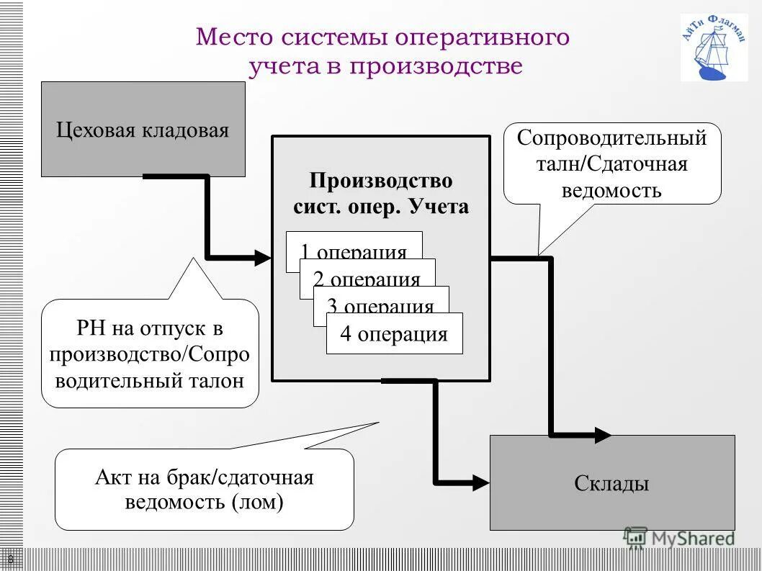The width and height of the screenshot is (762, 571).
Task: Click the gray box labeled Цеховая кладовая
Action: click(143, 130)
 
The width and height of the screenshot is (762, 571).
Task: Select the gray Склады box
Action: click(612, 483)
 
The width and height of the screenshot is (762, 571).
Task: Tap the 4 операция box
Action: click(394, 334)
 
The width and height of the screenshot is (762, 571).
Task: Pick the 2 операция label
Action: click(367, 279)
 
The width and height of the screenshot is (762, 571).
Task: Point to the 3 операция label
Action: click(380, 307)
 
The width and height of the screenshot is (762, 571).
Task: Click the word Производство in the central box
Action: click(381, 180)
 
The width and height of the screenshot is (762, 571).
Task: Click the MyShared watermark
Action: click(681, 538)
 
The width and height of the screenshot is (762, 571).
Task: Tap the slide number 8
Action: click(11, 559)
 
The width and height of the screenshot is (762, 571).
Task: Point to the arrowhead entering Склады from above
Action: click(602, 434)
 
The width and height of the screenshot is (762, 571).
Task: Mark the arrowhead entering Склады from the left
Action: click(480, 482)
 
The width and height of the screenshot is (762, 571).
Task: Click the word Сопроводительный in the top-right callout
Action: click(611, 138)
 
